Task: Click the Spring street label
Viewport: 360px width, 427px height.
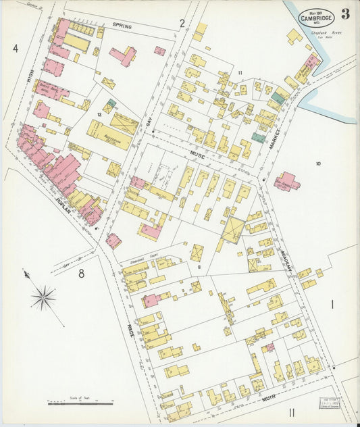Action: (x=122, y=25)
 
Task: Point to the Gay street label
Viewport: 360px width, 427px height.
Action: (x=151, y=120)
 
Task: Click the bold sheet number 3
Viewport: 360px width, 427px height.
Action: (x=345, y=14)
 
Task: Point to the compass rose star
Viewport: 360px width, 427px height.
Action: (x=43, y=297)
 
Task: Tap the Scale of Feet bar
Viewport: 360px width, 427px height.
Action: (x=80, y=403)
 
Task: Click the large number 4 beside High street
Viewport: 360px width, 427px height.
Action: (x=15, y=48)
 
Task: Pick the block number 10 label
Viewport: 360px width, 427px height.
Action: (x=317, y=163)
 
